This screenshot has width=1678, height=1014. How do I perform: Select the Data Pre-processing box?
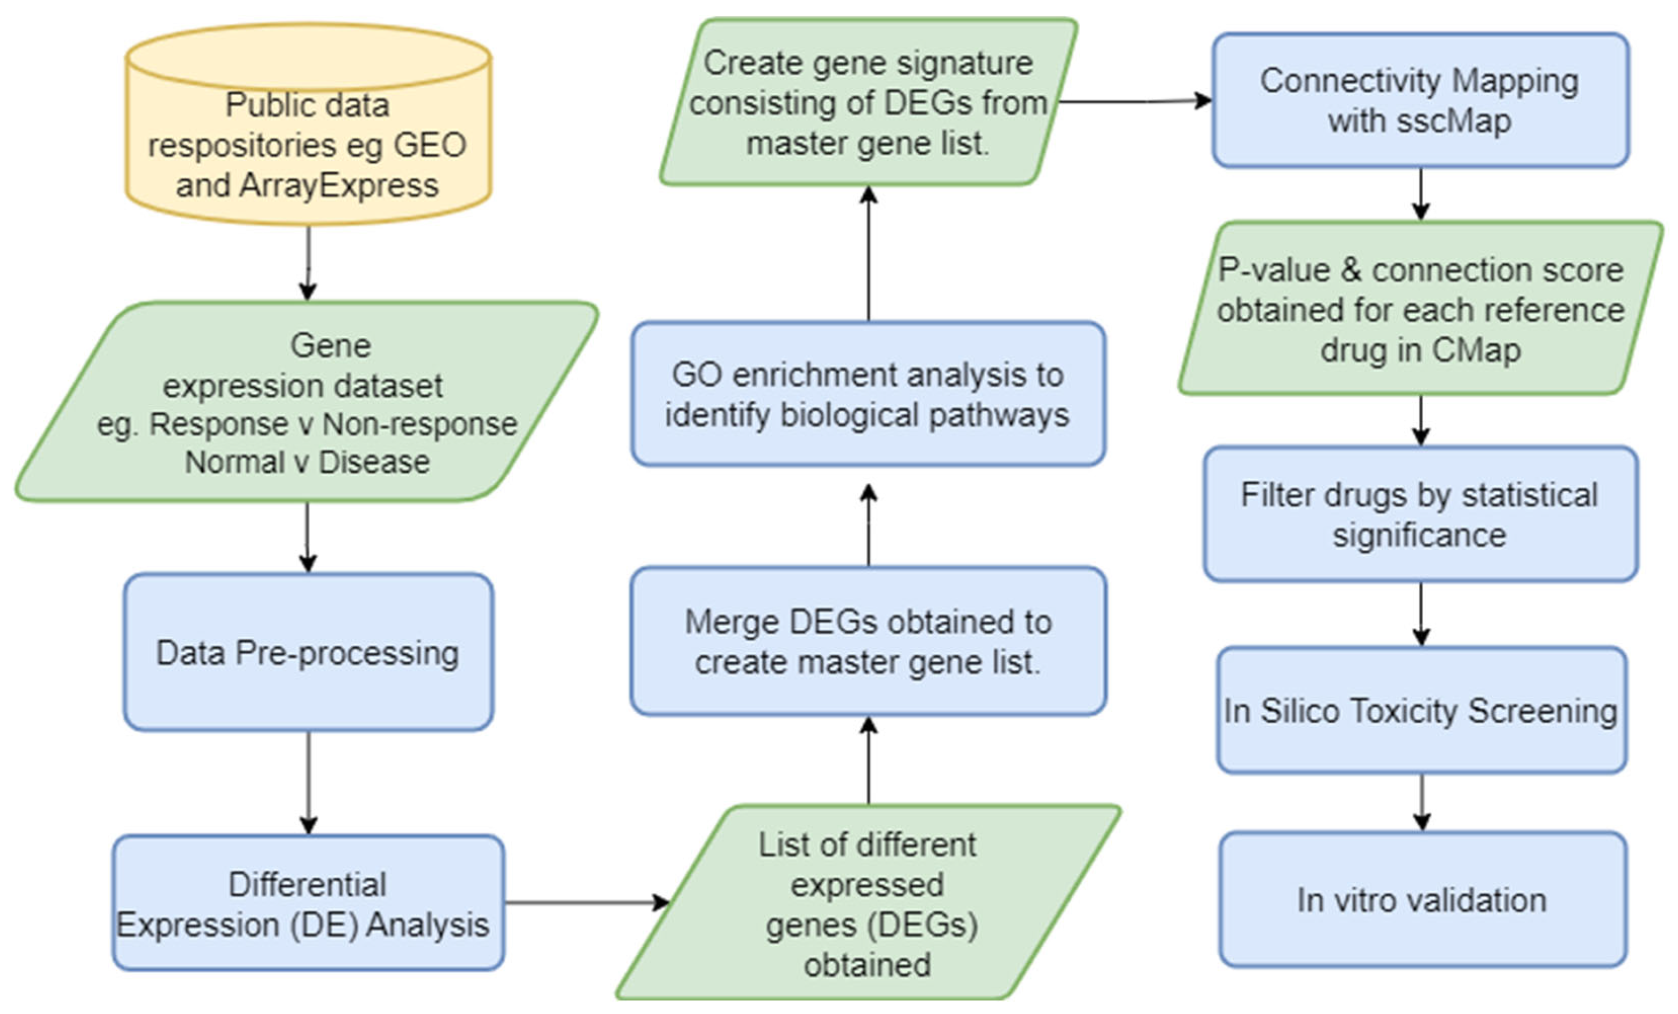click(308, 653)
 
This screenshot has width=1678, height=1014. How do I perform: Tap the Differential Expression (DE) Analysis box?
click(308, 903)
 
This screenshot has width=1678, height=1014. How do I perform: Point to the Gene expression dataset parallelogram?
click(307, 402)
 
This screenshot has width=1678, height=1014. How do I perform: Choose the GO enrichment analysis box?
click(868, 394)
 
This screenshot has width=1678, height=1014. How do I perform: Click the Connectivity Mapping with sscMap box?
click(1420, 100)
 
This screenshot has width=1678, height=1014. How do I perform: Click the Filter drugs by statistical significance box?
click(1420, 514)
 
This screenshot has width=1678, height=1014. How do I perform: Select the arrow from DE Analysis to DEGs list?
click(586, 903)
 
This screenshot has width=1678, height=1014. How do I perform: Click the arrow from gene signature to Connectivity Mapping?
click(1134, 102)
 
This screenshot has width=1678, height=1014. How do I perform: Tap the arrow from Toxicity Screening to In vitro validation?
click(1421, 802)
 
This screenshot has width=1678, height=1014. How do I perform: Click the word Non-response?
click(419, 424)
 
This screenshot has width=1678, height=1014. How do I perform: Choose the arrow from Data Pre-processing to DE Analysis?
click(309, 783)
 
